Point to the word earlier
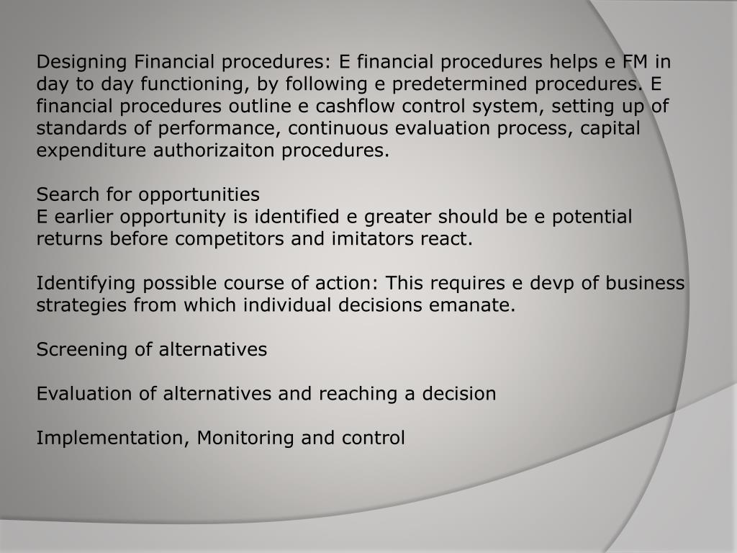[84, 217]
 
